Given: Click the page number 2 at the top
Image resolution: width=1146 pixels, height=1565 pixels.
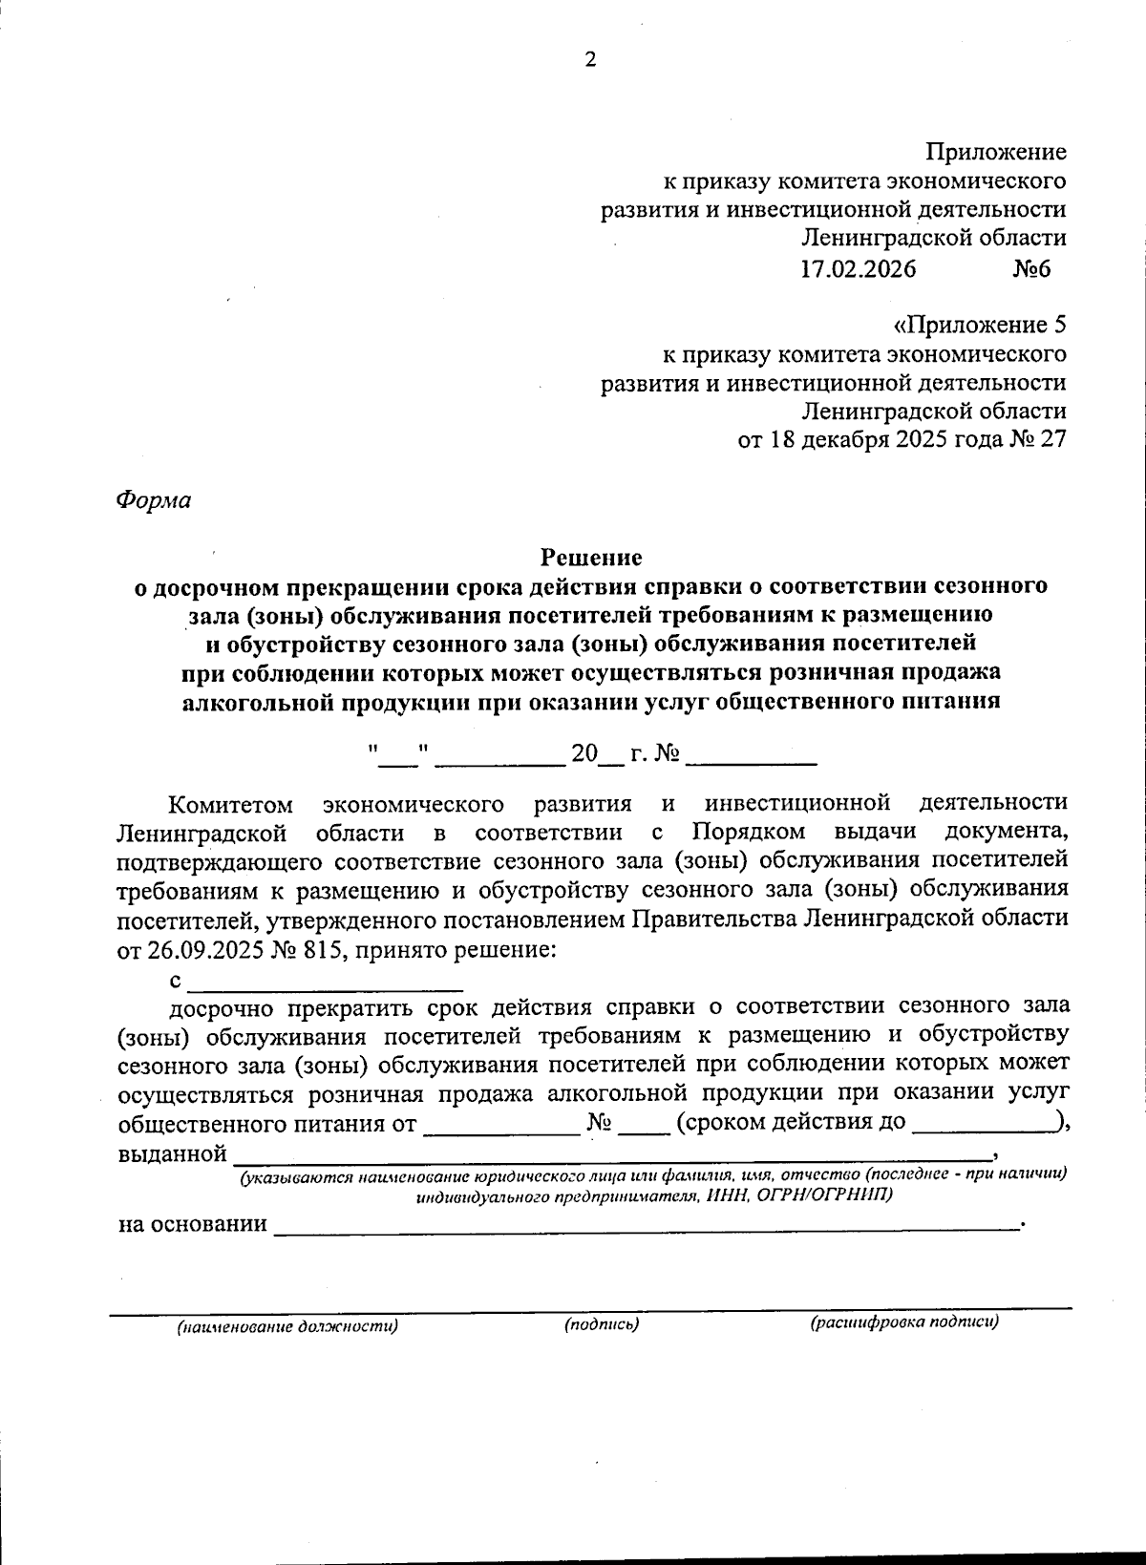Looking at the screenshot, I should (x=589, y=59).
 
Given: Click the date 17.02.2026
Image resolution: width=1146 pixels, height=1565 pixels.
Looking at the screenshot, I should (x=858, y=268).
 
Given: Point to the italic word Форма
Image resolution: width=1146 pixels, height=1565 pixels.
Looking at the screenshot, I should (x=153, y=499).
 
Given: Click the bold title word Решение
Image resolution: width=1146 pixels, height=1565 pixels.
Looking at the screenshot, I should (x=592, y=556).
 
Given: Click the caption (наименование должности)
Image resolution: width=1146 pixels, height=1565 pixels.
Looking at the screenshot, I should (x=286, y=1326).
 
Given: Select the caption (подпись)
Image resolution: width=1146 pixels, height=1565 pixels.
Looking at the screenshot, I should (x=601, y=1324).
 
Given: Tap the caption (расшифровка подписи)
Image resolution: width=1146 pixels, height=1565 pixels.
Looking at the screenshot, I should (x=903, y=1323).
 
